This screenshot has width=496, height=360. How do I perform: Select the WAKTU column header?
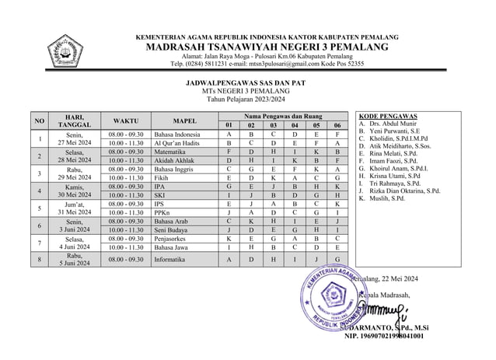126,121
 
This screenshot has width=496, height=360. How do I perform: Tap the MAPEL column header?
184,121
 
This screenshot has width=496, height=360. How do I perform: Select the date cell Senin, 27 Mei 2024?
75,138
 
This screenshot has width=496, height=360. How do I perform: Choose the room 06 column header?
337,125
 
